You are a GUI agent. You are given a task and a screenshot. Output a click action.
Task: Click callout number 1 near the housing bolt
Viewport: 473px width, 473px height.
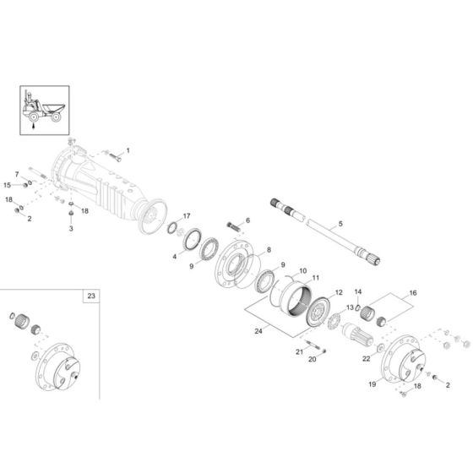click(128, 150)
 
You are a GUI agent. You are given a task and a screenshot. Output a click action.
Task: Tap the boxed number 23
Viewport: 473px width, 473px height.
click(91, 296)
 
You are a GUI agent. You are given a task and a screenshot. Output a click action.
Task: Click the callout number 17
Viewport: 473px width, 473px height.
click(187, 216)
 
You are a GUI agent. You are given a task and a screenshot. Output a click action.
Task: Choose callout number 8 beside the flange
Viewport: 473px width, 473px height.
click(269, 250)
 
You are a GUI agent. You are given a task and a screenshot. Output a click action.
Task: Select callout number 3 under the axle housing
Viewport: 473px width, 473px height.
click(71, 228)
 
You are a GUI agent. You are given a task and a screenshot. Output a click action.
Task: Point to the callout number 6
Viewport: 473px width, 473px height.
click(247, 220)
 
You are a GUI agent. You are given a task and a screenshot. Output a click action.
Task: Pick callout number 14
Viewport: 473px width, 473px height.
click(357, 291)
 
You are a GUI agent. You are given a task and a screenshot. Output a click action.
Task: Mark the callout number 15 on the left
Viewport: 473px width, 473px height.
click(7, 184)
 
